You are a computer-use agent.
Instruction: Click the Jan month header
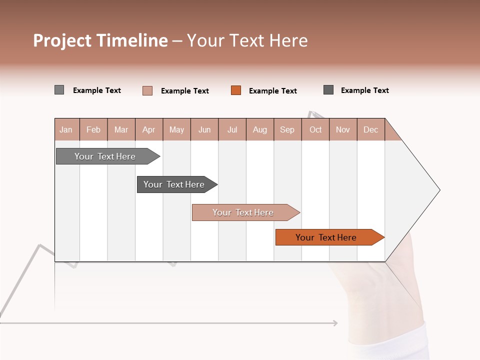coord(66,129)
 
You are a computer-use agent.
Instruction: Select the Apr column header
coord(148,129)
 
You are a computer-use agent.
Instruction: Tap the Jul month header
coord(232,129)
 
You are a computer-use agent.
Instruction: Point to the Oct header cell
coord(315,129)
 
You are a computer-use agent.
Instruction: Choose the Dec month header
coord(370,129)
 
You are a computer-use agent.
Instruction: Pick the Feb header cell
coord(93,129)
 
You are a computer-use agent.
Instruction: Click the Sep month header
coord(287,129)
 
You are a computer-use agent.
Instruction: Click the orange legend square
coord(236,90)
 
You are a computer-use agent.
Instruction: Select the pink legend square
coord(147,90)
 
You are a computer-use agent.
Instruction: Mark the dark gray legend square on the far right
coord(328,90)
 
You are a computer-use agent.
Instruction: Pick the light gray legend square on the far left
coord(59,90)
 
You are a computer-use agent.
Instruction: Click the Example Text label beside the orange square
coord(272,91)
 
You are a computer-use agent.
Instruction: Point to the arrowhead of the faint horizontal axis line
coord(335,323)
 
